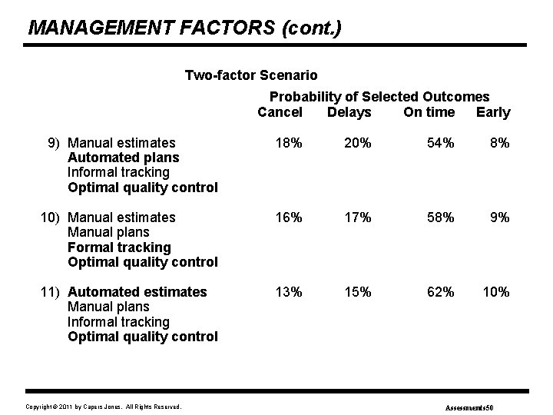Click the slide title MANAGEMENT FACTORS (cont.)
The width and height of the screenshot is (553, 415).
point(184,28)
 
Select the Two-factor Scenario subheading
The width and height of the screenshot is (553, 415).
point(251,75)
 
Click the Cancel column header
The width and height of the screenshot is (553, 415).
point(280,112)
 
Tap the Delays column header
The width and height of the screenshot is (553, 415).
point(349,112)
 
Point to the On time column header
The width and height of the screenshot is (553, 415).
point(429,112)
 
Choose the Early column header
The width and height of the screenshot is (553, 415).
point(493,112)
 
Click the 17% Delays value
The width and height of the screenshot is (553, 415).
point(356,217)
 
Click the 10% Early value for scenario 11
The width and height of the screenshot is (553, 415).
point(495,292)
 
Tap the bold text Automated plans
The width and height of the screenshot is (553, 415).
point(124,158)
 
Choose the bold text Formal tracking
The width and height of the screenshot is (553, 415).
point(119,247)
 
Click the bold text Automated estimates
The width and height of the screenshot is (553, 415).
point(137,292)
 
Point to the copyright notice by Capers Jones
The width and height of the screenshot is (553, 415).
point(104,406)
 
